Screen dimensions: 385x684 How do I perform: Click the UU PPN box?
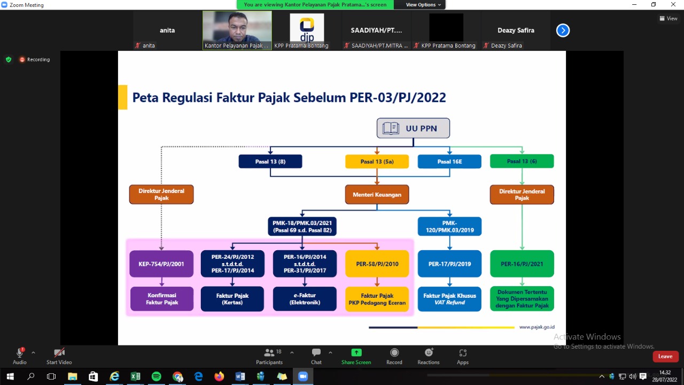click(413, 128)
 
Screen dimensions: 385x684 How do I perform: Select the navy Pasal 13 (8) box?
click(270, 161)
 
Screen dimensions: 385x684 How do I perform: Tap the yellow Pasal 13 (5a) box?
click(377, 161)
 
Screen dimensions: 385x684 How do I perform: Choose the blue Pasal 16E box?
click(449, 161)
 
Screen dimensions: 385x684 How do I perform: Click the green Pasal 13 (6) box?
click(522, 161)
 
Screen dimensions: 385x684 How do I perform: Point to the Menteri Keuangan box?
click(377, 195)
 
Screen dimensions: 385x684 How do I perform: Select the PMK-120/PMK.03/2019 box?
click(449, 226)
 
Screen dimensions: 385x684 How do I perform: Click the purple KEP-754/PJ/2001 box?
click(161, 264)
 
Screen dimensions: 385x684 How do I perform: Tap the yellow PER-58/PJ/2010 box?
click(377, 264)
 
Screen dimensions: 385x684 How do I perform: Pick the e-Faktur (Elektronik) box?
click(305, 299)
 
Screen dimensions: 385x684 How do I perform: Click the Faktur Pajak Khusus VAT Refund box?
click(449, 299)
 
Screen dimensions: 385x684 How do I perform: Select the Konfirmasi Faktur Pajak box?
click(161, 299)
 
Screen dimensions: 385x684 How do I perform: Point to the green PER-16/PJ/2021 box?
click(522, 264)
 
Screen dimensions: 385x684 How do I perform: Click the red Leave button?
click(665, 356)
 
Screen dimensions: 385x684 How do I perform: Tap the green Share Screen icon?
click(356, 353)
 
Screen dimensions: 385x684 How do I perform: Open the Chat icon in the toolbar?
click(316, 353)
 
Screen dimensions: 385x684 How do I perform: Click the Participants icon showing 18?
click(269, 353)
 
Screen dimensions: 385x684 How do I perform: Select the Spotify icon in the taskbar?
click(156, 376)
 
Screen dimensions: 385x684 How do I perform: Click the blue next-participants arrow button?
click(563, 30)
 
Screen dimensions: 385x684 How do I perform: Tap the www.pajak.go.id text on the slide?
click(537, 327)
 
